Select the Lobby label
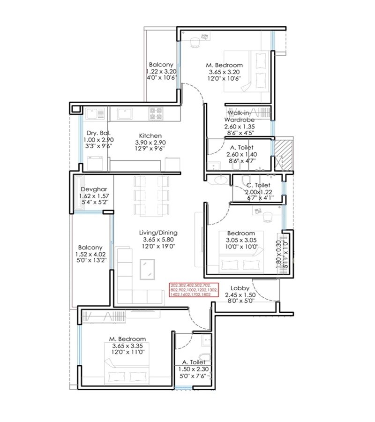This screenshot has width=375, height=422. click(239, 288)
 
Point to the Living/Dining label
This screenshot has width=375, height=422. click(158, 233)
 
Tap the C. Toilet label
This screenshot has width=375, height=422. click(258, 185)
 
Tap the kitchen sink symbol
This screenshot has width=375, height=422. click(124, 113)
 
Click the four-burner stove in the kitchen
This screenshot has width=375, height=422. click(156, 113)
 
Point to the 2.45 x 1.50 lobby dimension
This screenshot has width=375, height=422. click(239, 294)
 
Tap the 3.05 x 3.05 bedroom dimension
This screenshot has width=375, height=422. click(241, 240)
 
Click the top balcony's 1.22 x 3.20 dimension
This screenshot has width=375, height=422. click(161, 71)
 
